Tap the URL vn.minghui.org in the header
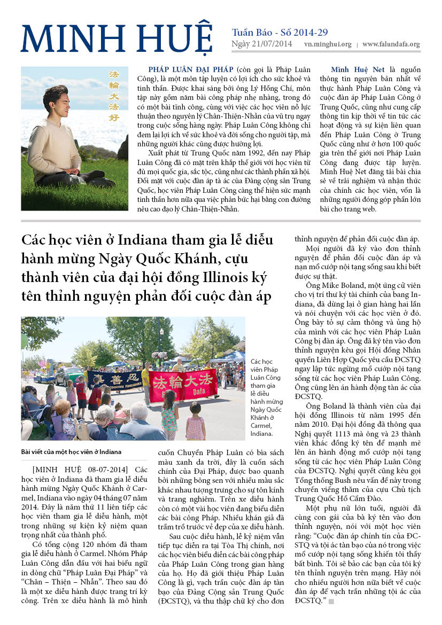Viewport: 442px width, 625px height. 328,44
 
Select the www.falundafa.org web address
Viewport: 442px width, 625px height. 391,44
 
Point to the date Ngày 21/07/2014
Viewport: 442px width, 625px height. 262,44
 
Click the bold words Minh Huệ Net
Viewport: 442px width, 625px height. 354,70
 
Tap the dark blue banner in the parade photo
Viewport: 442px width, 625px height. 115,379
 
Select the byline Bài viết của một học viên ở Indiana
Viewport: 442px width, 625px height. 72,451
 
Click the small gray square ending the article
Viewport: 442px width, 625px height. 331,601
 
